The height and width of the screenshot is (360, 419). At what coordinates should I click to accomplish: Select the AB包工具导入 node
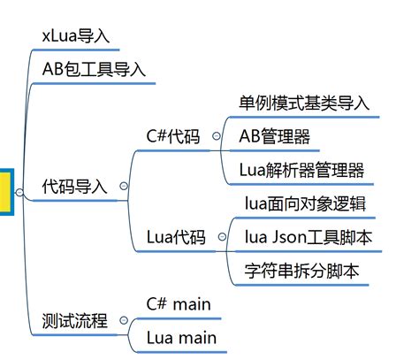[x=94, y=69]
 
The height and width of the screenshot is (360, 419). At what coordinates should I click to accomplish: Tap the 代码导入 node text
[x=74, y=187]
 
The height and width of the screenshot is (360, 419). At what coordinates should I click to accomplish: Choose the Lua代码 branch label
[x=176, y=238]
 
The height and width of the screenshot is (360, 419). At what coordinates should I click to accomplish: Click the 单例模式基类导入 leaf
[x=304, y=103]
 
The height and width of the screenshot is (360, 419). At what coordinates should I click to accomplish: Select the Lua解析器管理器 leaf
[x=301, y=170]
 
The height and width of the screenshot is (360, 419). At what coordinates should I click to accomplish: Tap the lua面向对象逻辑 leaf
[x=306, y=204]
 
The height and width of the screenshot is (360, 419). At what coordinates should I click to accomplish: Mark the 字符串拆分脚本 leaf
[x=301, y=272]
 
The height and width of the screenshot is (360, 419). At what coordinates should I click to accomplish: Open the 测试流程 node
[x=74, y=321]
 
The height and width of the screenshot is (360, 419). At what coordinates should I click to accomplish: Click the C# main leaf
[x=179, y=304]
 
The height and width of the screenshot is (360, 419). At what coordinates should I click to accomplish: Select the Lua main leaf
[x=180, y=338]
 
